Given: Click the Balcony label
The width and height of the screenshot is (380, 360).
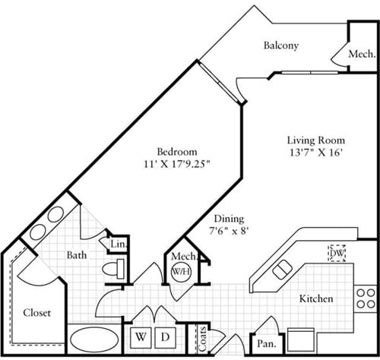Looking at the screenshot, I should [280, 46].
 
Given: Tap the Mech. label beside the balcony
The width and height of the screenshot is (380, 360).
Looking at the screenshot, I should [361, 55].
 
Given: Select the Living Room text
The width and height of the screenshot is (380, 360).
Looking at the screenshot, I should [315, 141].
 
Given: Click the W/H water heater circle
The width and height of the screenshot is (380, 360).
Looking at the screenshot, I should [181, 272].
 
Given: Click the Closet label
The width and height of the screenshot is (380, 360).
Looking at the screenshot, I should [36, 311].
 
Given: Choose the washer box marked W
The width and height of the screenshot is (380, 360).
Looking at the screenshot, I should [141, 335].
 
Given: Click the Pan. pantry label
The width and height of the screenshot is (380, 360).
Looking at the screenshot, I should [266, 344].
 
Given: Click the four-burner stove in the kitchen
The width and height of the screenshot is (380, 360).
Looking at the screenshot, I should [366, 297].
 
